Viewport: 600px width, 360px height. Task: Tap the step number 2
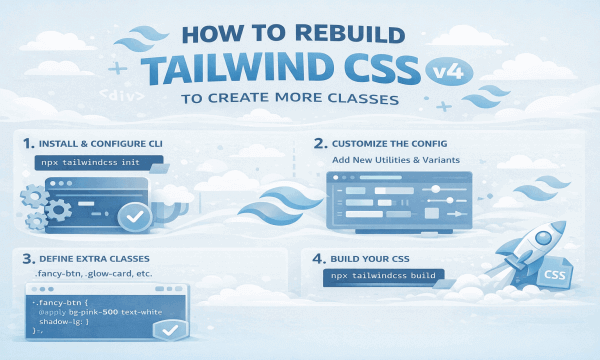click(319, 141)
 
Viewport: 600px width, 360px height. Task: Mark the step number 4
click(319, 256)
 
